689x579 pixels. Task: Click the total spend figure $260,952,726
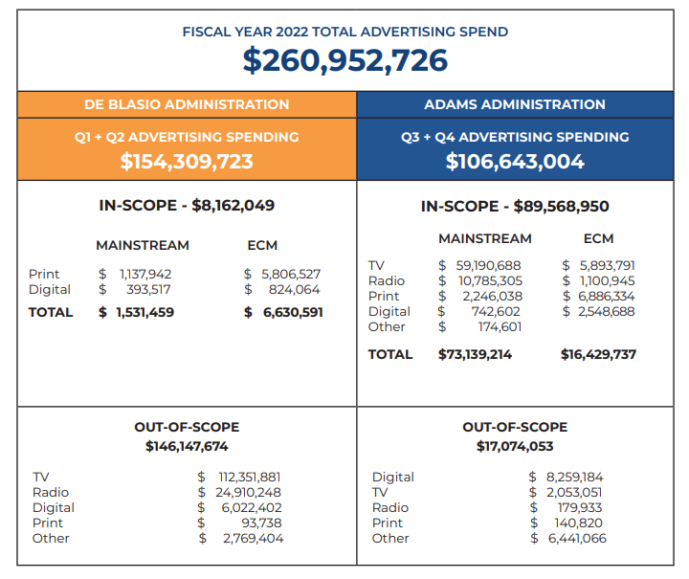(344, 60)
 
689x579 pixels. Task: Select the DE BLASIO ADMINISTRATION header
(187, 104)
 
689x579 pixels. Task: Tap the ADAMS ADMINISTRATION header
(515, 104)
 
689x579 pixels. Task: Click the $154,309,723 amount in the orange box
(187, 161)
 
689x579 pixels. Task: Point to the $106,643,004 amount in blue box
(515, 161)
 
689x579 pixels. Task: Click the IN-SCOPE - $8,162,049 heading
(187, 206)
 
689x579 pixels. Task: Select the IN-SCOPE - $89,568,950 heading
(515, 206)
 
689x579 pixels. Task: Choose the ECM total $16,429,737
(598, 354)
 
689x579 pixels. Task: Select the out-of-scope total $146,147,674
(187, 446)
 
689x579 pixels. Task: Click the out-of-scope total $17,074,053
(515, 446)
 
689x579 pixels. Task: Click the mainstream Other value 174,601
(500, 327)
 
